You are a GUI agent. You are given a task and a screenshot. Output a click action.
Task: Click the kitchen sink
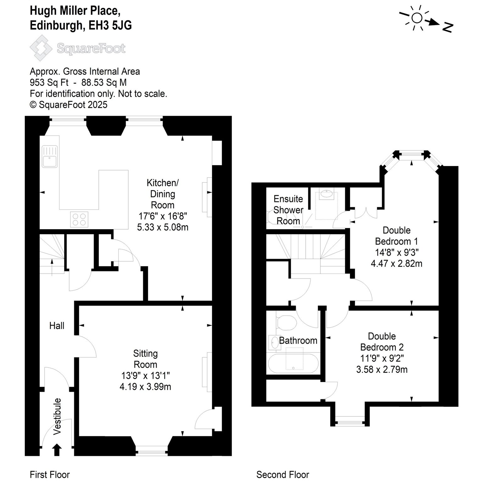click(x=50, y=156)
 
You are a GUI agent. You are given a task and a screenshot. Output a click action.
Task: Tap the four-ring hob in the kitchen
click(x=79, y=219)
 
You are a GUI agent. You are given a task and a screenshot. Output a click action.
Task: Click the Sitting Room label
click(x=145, y=359)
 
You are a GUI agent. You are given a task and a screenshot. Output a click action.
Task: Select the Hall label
click(x=57, y=325)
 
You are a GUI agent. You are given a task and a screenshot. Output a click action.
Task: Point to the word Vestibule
click(x=57, y=416)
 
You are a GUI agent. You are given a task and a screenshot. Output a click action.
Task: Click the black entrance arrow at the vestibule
click(x=57, y=449)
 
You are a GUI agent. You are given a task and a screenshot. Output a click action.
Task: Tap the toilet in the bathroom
click(x=286, y=323)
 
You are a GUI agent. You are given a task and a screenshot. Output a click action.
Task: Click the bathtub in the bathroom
click(x=293, y=364)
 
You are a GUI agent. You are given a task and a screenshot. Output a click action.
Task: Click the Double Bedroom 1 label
click(x=397, y=236)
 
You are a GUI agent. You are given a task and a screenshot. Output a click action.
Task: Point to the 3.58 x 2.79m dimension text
click(x=382, y=369)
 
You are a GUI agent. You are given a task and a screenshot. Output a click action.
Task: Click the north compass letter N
click(x=447, y=27)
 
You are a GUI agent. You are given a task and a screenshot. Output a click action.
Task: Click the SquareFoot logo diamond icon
click(x=41, y=48)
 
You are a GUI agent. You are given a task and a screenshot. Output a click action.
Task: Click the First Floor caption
click(x=50, y=475)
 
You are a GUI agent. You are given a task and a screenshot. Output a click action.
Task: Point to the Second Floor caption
click(x=283, y=475)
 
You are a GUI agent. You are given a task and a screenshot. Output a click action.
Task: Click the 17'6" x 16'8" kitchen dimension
click(x=163, y=216)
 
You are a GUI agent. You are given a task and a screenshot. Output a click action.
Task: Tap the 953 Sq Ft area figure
click(x=49, y=82)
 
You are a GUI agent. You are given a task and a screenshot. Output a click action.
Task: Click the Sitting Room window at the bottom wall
click(x=152, y=452)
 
